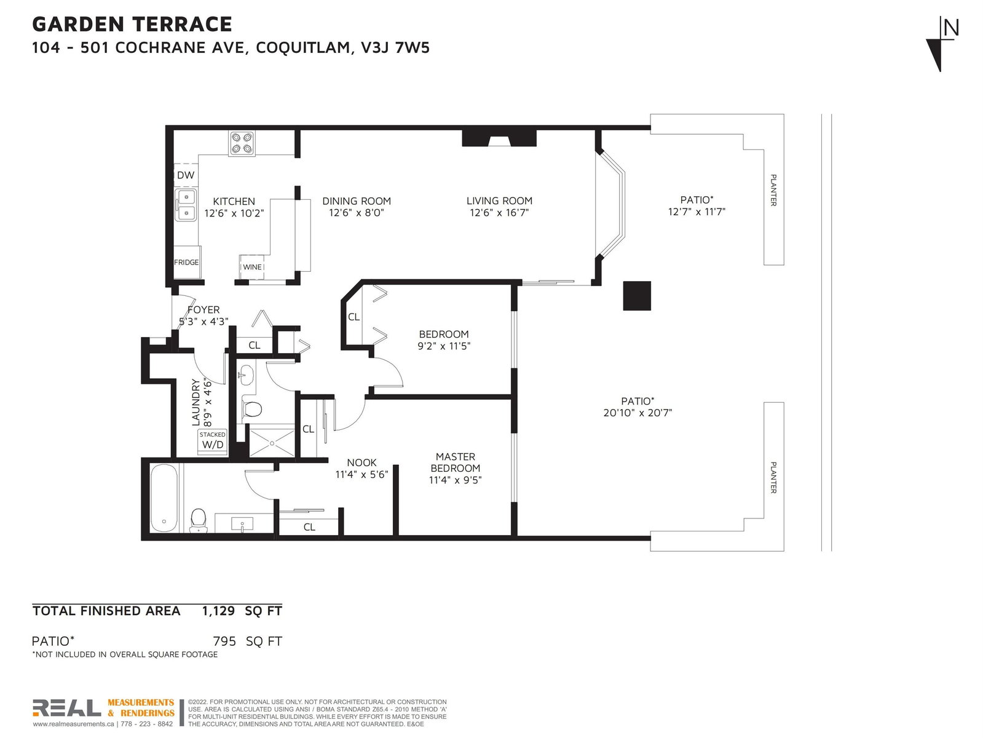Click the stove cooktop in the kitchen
pyautogui.click(x=242, y=143)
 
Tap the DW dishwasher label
pyautogui.click(x=186, y=175)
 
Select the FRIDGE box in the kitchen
pyautogui.click(x=187, y=262)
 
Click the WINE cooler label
pyautogui.click(x=252, y=267)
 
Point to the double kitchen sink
pyautogui.click(x=186, y=205)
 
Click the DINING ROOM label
pyautogui.click(x=357, y=201)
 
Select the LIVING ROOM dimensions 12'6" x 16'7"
pyautogui.click(x=499, y=213)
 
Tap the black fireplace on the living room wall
pyautogui.click(x=499, y=138)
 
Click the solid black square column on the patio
pyautogui.click(x=637, y=296)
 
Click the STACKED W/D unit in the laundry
pyautogui.click(x=213, y=442)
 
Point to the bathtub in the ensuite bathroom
pyautogui.click(x=164, y=498)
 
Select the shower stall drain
pyautogui.click(x=271, y=443)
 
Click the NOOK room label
pyautogui.click(x=361, y=462)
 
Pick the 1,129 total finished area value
pyautogui.click(x=218, y=611)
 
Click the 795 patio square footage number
pyautogui.click(x=224, y=641)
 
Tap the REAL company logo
pyautogui.click(x=67, y=708)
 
